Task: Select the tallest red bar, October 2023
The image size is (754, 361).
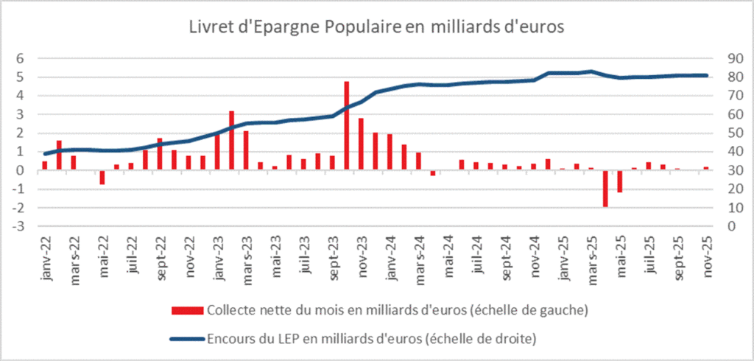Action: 346,125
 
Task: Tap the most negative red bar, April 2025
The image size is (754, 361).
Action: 605,189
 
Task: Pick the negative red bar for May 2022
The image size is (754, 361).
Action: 102,177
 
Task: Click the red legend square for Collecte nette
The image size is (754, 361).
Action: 180,310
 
